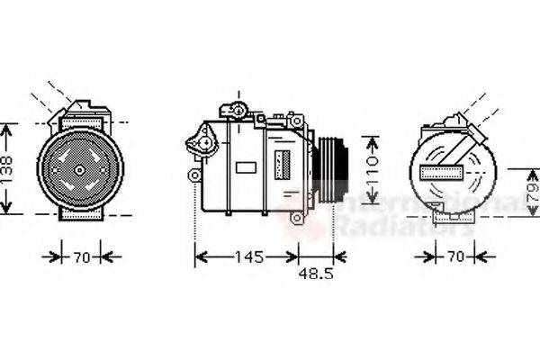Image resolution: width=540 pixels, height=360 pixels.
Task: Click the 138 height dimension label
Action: (8, 168)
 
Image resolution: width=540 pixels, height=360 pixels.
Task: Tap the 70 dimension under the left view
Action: (81, 257)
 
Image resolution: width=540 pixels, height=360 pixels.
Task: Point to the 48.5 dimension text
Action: (316, 274)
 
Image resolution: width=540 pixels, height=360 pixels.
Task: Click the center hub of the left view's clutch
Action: (80, 169)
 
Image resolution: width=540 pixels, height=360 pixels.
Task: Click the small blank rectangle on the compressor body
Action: (245, 166)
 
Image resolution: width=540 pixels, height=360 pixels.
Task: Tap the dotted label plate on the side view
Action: (282, 166)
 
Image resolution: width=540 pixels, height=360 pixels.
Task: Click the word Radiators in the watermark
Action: (396, 225)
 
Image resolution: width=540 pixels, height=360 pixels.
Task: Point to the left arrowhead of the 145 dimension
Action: (200, 257)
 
